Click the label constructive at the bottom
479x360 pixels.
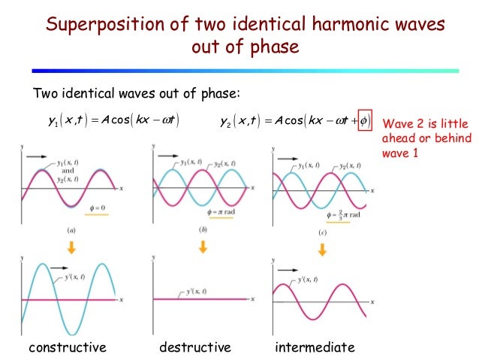(x=68, y=347)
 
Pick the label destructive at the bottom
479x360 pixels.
(x=194, y=347)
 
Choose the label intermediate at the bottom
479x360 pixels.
(x=315, y=347)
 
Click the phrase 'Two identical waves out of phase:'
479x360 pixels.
(x=135, y=93)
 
